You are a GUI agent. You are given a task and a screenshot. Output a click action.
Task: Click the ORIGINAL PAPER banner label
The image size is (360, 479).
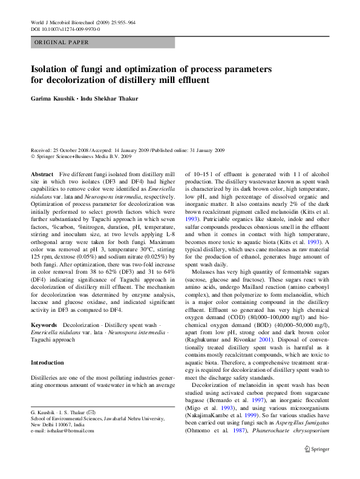[x=62, y=42]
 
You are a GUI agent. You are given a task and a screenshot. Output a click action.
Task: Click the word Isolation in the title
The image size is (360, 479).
[x=53, y=69]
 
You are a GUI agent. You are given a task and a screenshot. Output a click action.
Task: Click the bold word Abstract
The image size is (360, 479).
[x=42, y=174]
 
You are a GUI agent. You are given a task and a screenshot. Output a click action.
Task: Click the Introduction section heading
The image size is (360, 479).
[x=47, y=363]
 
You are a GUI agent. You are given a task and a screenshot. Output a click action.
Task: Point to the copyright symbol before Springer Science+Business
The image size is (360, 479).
[x=33, y=156]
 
